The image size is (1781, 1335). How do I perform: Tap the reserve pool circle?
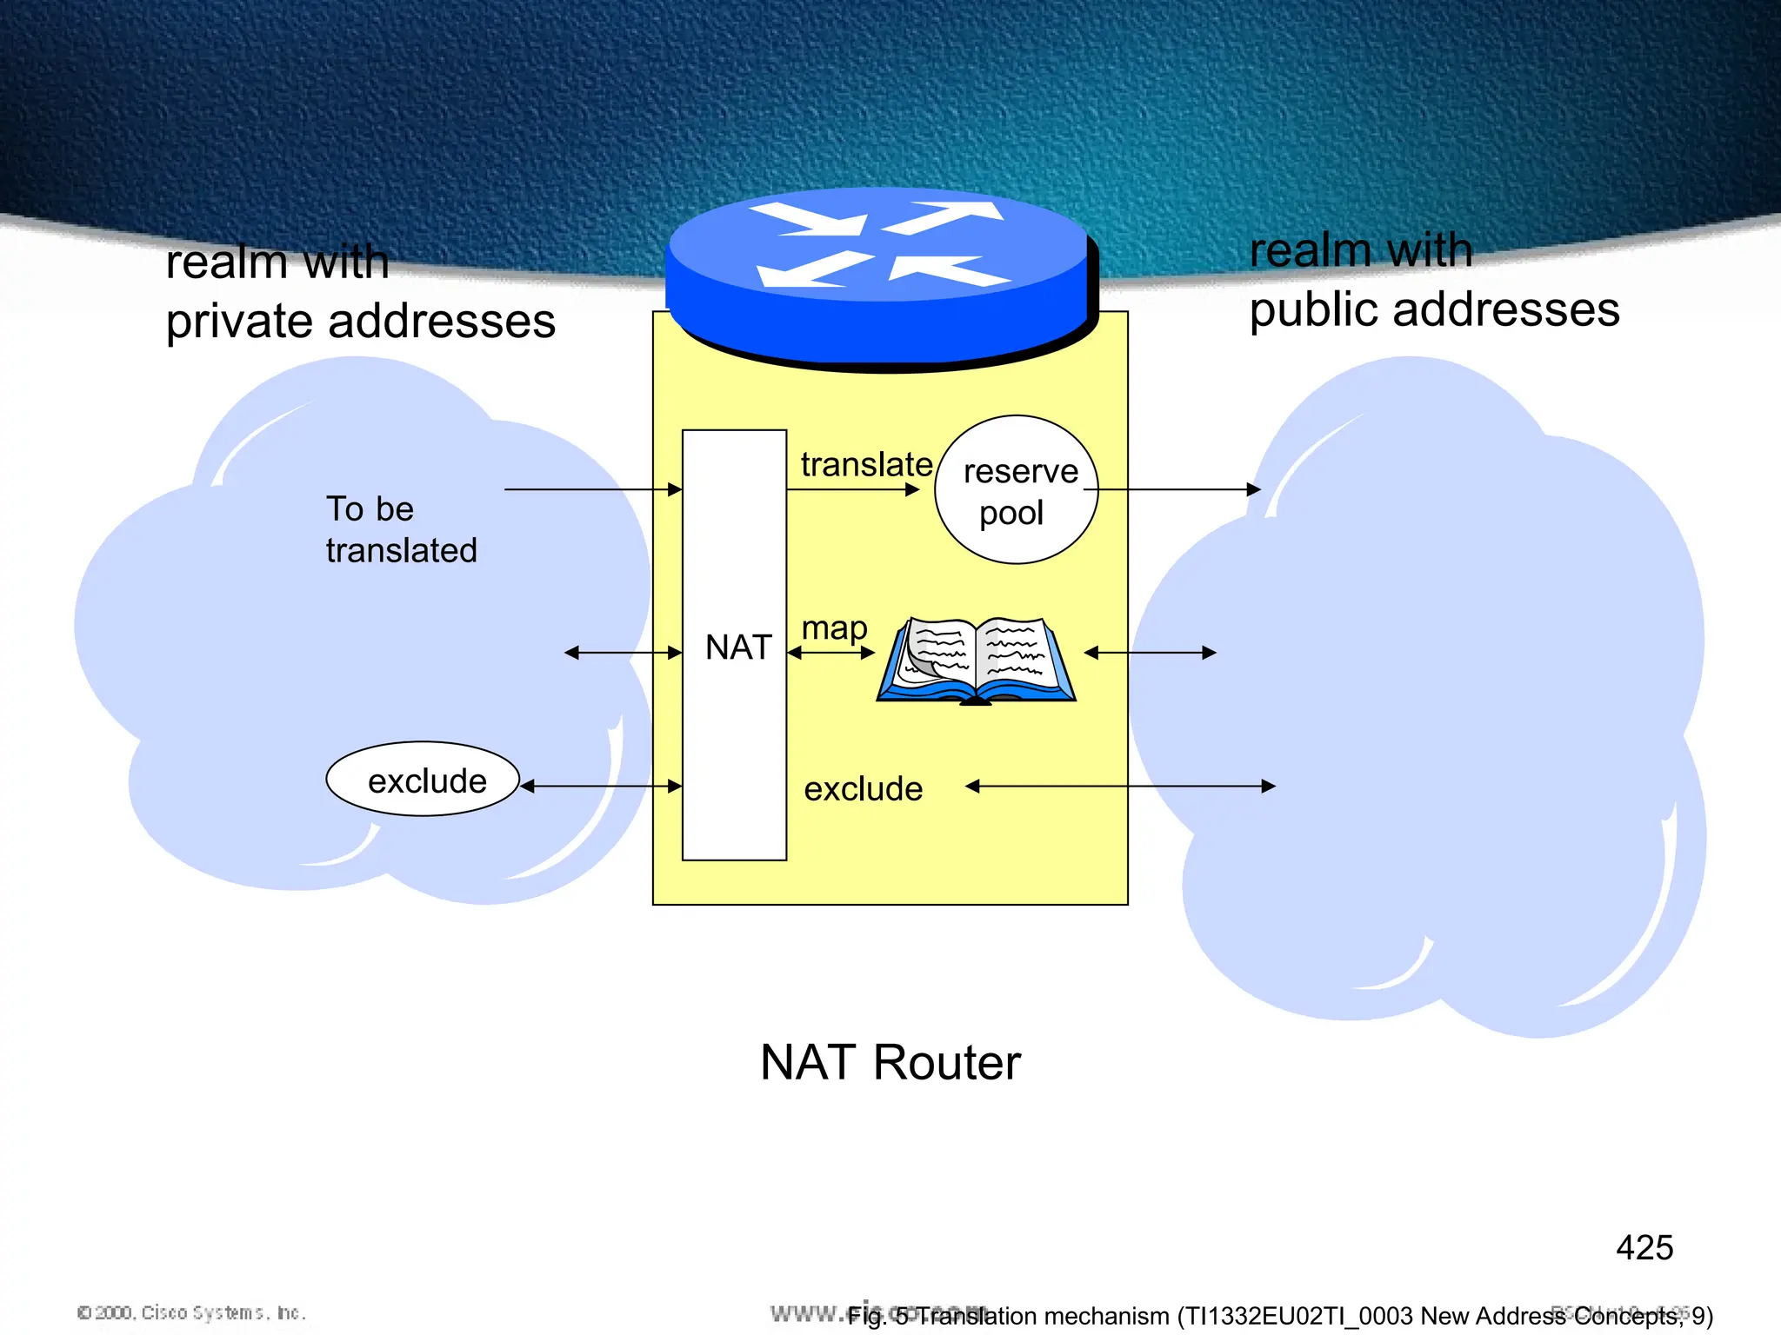tap(1016, 490)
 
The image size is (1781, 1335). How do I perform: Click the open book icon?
tap(977, 661)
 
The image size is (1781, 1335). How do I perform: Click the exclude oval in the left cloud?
tap(424, 780)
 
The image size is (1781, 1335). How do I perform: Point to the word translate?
tap(866, 464)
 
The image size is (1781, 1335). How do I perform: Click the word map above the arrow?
tap(834, 628)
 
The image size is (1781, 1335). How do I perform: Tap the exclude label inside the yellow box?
tap(863, 789)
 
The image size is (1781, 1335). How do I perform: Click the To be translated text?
tap(401, 529)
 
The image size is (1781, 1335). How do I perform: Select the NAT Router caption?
tap(890, 1062)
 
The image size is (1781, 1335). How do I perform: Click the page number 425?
tap(1644, 1248)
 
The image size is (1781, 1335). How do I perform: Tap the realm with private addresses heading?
tap(360, 292)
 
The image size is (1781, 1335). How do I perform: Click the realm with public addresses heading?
tap(1434, 281)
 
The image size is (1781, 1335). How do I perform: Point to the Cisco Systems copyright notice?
tap(191, 1312)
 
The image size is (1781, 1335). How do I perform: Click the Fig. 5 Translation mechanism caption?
tap(1278, 1316)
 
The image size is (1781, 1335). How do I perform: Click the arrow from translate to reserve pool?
tap(852, 490)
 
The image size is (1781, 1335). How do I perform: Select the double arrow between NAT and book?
tap(830, 653)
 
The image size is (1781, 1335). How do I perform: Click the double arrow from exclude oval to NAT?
tap(601, 787)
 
